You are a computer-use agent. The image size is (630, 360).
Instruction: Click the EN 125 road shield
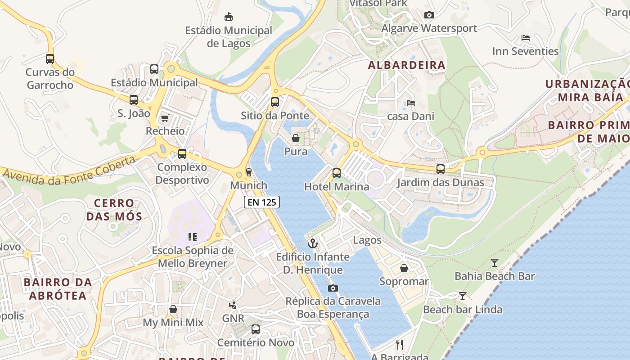coord(262,202)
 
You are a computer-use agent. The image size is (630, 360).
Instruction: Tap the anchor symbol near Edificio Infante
coord(312,244)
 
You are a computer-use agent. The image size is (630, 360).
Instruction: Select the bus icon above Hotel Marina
coord(337,173)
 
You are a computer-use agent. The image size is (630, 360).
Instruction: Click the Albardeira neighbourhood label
coord(406,65)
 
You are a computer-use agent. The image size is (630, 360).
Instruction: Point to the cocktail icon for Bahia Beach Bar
coord(495,263)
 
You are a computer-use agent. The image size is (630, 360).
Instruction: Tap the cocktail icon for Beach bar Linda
coord(462,296)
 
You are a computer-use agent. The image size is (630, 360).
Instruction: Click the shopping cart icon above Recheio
coord(165,118)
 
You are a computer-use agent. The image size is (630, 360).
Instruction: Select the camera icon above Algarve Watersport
coord(429,15)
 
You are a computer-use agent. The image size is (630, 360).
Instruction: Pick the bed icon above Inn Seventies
coord(525,38)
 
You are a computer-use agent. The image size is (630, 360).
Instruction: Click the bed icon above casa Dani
coord(410,103)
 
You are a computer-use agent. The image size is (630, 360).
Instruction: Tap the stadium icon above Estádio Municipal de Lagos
coord(229,17)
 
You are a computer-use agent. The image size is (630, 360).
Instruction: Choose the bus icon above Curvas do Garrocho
coord(50,58)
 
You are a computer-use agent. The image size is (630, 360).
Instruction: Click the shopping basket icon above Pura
coord(296,138)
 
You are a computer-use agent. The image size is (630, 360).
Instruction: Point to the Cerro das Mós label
coord(114,210)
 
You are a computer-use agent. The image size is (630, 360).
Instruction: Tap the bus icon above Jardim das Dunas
coord(440,169)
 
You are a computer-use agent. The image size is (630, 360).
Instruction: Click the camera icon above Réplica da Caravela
coord(333,288)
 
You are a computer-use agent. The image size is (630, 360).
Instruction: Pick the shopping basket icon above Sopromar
coord(404,268)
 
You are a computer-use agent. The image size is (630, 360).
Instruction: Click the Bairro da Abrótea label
coord(58,289)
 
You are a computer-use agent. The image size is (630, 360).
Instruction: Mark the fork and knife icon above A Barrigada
coord(399,345)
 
